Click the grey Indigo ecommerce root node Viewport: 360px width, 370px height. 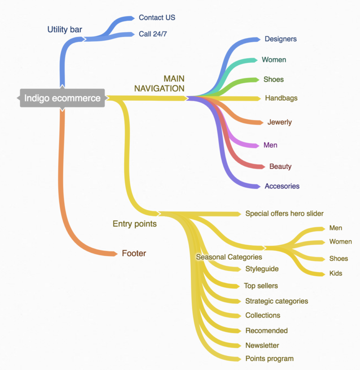62,98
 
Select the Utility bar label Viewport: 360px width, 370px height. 65,30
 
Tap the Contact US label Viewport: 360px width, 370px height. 157,18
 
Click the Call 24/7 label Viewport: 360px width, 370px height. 153,34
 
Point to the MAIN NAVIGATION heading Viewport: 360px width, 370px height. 160,83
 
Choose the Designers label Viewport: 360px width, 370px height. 280,39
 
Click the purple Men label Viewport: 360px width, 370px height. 270,145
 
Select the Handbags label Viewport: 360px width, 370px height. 281,98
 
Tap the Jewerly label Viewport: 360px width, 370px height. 279,122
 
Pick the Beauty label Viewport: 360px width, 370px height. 280,166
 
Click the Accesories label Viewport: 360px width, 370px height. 282,186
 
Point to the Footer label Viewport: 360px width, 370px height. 134,253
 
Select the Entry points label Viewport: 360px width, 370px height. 135,224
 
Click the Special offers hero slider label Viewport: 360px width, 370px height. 284,213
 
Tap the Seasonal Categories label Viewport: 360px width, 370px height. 229,257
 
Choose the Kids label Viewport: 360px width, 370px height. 336,273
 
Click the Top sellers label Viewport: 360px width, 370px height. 261,286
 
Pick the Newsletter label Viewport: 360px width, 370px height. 262,345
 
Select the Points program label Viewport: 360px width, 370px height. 269,358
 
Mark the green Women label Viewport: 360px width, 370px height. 274,60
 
